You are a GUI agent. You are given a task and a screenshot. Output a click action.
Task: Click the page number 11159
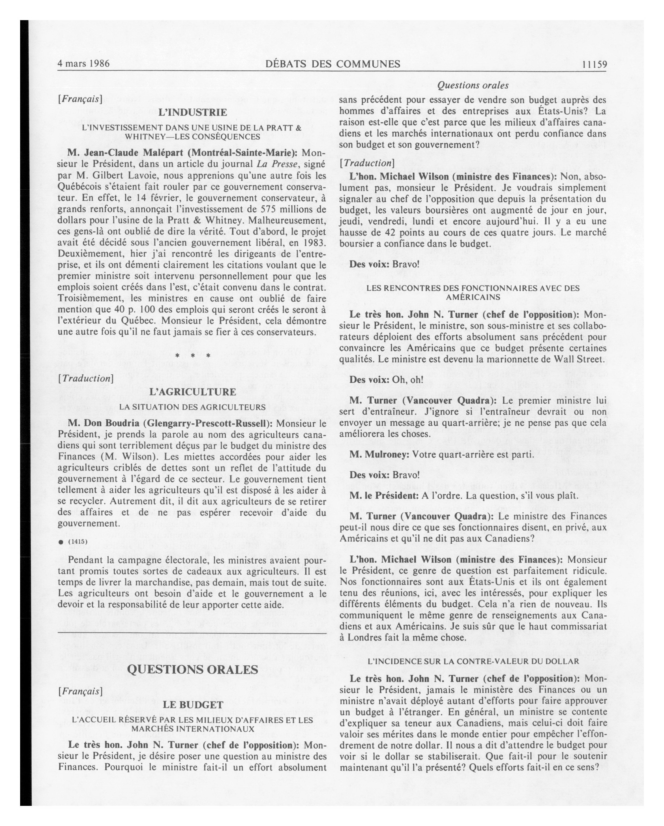click(x=594, y=64)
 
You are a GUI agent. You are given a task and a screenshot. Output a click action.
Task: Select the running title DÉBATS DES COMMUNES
click(x=333, y=64)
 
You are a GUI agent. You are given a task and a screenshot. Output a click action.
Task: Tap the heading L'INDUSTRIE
click(x=193, y=113)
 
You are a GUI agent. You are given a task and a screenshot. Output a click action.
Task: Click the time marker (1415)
click(x=78, y=542)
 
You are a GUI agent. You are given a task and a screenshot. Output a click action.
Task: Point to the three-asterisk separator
click(x=193, y=356)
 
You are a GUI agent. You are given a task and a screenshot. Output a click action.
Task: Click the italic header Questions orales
click(x=473, y=85)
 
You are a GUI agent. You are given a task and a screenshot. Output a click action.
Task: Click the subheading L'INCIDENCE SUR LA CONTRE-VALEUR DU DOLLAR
click(x=473, y=662)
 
